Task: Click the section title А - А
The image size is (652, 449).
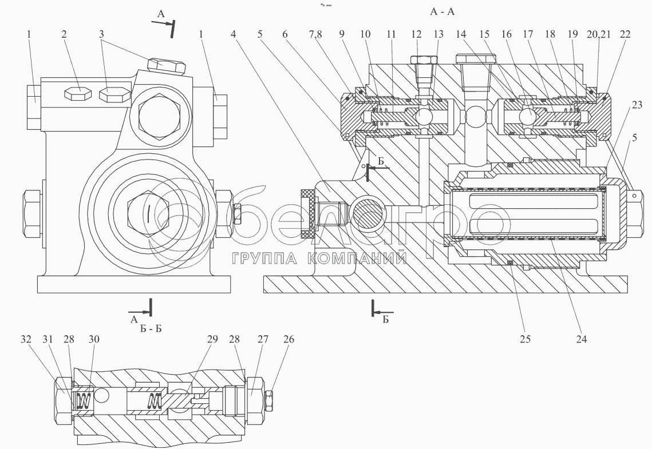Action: coord(442,11)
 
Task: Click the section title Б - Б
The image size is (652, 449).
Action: coord(151,328)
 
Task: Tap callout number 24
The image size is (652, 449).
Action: coord(582,339)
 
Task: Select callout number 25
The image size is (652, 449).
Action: coord(525,339)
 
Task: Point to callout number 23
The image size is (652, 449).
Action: coord(637,105)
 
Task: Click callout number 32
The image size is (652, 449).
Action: coord(26,339)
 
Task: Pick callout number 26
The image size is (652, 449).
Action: coord(289,339)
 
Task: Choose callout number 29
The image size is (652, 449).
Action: coord(212,339)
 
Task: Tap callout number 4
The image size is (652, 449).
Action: coord(234,34)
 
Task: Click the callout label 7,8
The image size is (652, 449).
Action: coord(316,34)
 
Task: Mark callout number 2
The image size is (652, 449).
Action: coord(64,34)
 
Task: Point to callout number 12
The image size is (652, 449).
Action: coord(417,34)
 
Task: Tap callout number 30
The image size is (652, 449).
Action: coord(94,339)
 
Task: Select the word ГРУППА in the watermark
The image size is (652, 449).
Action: coord(264,259)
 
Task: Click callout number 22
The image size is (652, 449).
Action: coord(625,34)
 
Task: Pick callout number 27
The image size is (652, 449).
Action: coord(263,339)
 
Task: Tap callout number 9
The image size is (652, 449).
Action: coord(342,34)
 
